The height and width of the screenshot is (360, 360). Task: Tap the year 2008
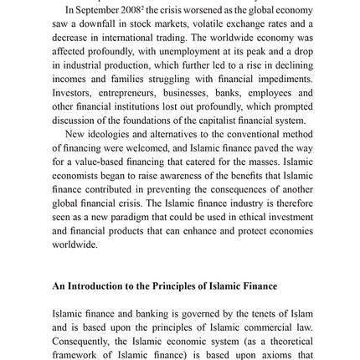[x=128, y=7]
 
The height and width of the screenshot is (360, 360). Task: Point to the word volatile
[x=203, y=20]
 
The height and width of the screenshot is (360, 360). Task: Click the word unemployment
[x=157, y=47]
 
